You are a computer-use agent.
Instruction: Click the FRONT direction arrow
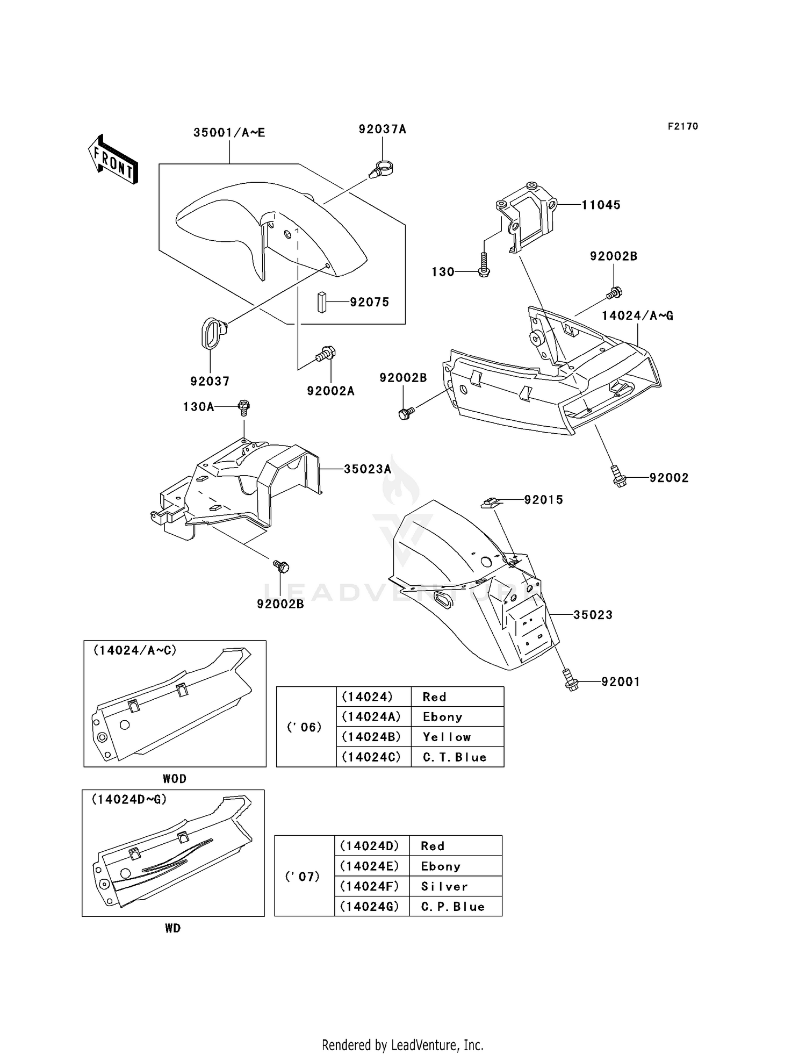[113, 160]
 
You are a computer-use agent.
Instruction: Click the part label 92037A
[383, 129]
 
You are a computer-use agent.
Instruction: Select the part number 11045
[601, 205]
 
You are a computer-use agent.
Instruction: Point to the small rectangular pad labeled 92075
[321, 302]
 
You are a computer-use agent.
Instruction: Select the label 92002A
[331, 391]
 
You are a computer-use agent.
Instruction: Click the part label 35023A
[368, 469]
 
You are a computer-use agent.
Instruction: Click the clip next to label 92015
[490, 503]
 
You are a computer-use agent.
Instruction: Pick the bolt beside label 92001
[570, 680]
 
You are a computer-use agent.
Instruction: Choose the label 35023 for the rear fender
[593, 615]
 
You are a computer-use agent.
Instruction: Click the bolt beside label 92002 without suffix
[619, 476]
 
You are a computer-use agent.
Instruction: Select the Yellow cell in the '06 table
[457, 737]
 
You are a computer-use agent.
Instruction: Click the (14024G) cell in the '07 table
[370, 907]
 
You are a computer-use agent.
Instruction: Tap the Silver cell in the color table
[455, 886]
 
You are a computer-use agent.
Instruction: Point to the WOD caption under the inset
[175, 779]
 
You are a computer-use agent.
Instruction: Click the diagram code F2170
[683, 126]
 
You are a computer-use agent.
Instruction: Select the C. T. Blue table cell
[457, 757]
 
